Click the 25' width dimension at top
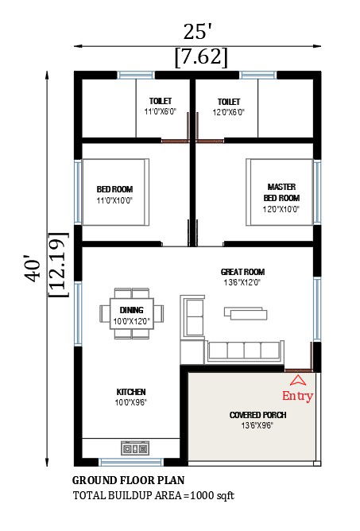click(197, 32)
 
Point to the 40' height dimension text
click(32, 268)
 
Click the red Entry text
click(297, 396)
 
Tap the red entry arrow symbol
click(297, 379)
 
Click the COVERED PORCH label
click(257, 415)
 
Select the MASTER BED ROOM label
click(281, 192)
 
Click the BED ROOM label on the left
click(114, 189)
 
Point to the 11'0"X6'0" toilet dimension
click(161, 112)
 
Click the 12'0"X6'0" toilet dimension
click(229, 112)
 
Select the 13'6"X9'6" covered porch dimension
click(257, 426)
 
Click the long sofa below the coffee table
click(244, 350)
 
